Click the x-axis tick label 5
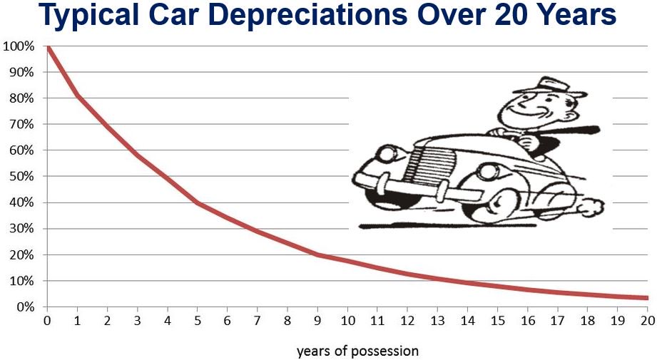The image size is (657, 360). click(198, 322)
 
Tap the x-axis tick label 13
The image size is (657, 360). click(438, 322)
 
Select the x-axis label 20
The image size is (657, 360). click(648, 322)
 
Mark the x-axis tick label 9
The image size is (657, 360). click(317, 322)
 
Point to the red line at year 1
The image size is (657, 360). click(77, 96)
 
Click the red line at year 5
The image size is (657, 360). click(198, 203)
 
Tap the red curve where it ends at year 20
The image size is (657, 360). click(646, 297)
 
